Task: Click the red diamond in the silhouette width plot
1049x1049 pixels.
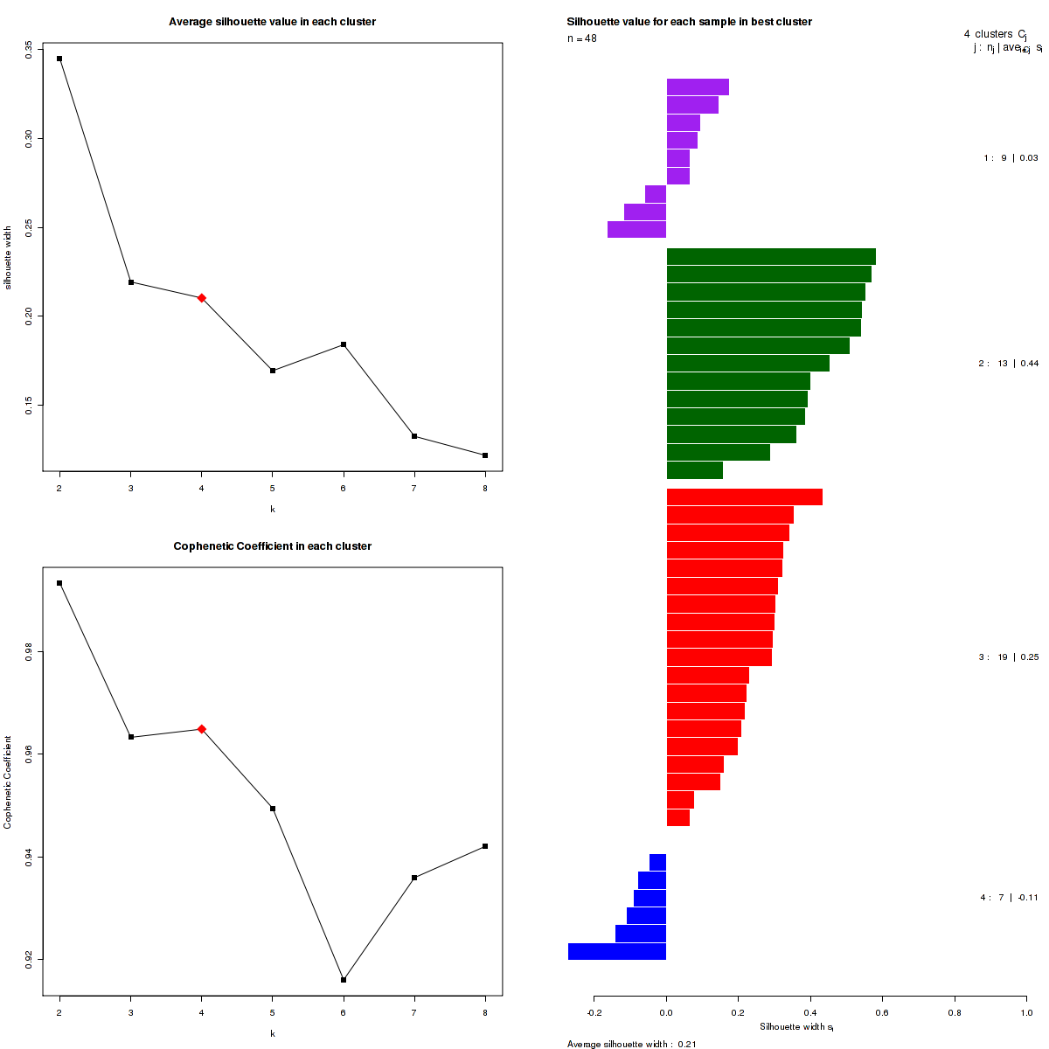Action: click(202, 298)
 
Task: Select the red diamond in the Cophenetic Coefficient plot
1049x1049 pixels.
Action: click(202, 729)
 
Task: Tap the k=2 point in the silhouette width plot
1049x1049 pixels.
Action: click(59, 59)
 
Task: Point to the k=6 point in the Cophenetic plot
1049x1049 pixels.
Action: click(344, 980)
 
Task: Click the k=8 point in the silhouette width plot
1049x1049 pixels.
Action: click(485, 455)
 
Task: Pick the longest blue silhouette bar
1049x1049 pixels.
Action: click(617, 952)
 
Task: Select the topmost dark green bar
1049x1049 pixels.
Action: click(771, 257)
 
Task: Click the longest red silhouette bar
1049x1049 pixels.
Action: click(745, 497)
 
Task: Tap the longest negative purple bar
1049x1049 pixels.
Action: click(636, 230)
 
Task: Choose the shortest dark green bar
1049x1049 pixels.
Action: click(695, 470)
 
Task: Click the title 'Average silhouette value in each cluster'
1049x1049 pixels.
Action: click(273, 22)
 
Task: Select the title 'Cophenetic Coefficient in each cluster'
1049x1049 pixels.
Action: click(273, 546)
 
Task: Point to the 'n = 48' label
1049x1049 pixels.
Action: click(582, 38)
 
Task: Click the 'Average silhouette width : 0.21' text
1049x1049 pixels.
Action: click(632, 1044)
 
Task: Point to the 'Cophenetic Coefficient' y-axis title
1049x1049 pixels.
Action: click(8, 782)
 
